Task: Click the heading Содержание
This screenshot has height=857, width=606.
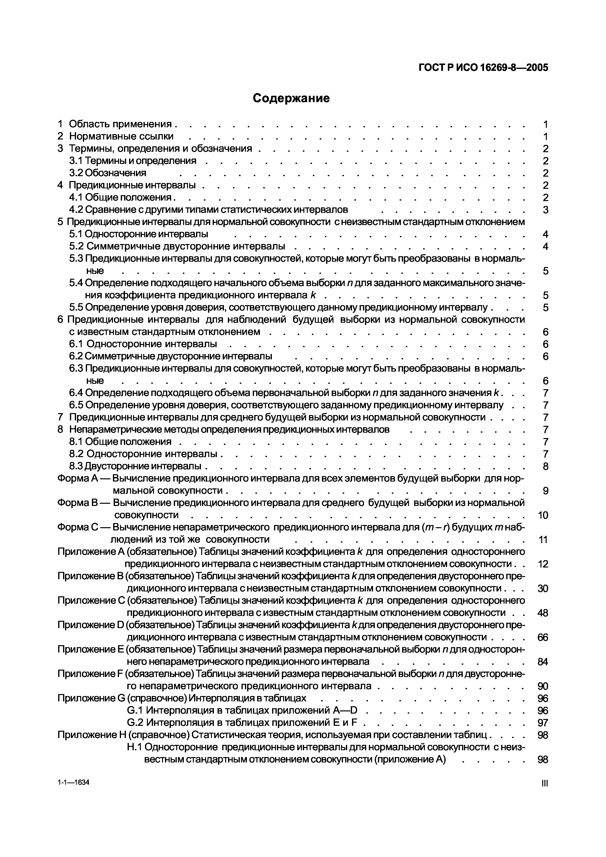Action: tap(291, 98)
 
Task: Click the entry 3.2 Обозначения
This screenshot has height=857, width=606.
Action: tap(108, 173)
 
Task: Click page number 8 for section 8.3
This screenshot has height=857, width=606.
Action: tap(546, 466)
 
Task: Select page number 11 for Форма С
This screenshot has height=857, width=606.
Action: tap(543, 540)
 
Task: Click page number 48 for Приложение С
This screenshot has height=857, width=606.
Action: tap(543, 613)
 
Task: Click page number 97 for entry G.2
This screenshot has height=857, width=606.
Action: tap(543, 723)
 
